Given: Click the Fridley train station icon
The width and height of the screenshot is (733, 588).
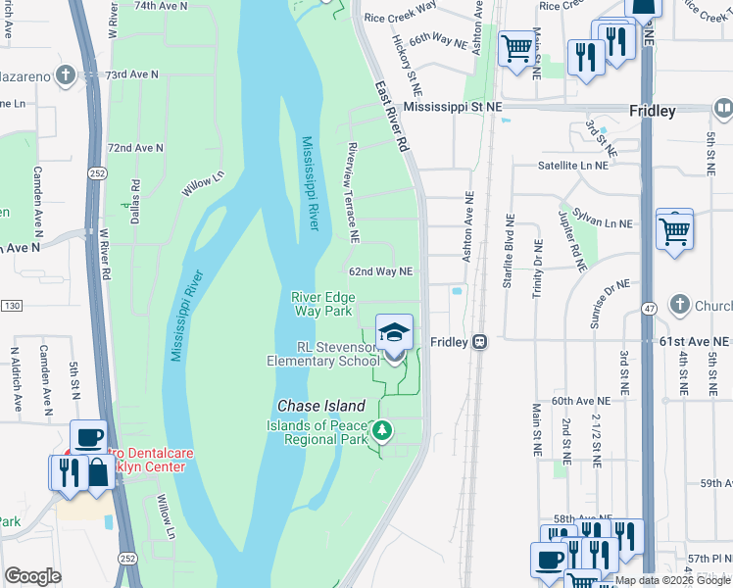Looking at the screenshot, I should (x=479, y=341).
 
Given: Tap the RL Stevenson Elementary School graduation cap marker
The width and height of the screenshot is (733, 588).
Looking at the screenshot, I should (x=394, y=333).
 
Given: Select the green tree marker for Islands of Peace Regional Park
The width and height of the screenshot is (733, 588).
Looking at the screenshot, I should (x=383, y=429).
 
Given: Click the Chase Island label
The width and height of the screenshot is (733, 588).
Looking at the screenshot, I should (x=320, y=406).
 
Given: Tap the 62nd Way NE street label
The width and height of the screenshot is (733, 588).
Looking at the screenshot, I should (x=380, y=271).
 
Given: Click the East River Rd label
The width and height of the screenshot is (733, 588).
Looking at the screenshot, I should (x=389, y=116).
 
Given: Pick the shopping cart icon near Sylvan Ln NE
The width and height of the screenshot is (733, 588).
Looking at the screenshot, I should (x=674, y=230).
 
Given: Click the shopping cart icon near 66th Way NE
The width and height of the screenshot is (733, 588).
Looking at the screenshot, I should (x=515, y=47).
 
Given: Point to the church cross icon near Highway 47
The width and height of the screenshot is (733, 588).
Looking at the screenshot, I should (x=680, y=304).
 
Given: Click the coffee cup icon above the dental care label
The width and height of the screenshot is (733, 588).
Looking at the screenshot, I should (x=88, y=437).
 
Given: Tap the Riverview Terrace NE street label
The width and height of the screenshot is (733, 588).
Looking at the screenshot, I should (x=350, y=192).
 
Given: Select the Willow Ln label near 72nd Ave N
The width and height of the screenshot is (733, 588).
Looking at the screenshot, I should (x=203, y=183).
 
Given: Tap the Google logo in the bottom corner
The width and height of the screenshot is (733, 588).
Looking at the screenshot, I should (x=32, y=576).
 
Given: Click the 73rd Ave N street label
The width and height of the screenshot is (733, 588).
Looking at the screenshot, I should (x=133, y=74).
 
